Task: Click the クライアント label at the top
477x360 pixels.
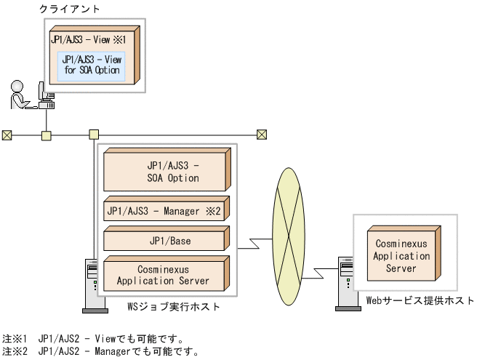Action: (x=70, y=9)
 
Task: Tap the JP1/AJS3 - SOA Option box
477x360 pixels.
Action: (x=167, y=172)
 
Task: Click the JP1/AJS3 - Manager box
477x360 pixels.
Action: (x=167, y=212)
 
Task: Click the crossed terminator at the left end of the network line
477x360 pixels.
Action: (x=7, y=135)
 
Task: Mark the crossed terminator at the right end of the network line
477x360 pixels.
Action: (x=262, y=135)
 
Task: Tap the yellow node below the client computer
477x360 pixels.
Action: (x=47, y=135)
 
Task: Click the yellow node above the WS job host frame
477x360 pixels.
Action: (x=93, y=135)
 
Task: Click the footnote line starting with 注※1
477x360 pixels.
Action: (x=94, y=338)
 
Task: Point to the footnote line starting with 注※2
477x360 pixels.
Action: (x=100, y=351)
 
